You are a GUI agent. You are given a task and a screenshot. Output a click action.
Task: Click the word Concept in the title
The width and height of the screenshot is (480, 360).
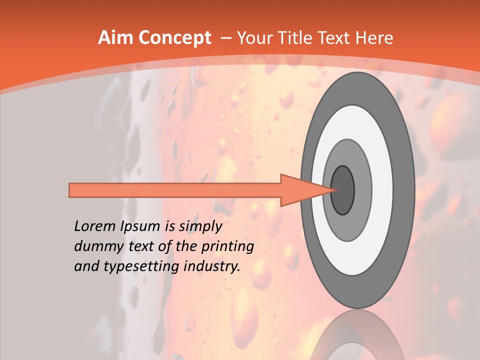pos(175,38)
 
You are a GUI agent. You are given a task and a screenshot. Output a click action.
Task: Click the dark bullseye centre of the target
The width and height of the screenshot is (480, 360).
pos(343,190)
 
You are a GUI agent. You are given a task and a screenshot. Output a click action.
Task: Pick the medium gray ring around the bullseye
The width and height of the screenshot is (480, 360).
pos(362,190)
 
